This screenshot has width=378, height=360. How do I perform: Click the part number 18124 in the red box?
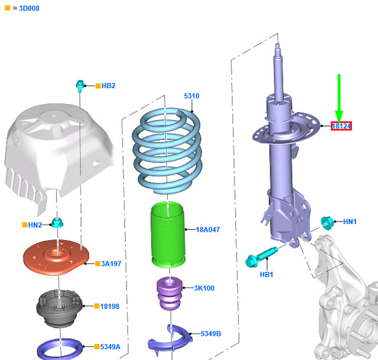[x=341, y=126]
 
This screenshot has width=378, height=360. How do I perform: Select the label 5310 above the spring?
[x=191, y=96]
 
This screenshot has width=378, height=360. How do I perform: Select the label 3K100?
[x=204, y=288]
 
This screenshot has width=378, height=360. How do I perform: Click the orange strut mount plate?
[x=57, y=257]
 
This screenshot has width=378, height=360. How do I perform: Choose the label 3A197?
[x=111, y=264]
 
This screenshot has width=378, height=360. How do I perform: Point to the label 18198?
[x=110, y=306]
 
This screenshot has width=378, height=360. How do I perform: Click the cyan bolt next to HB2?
[x=80, y=86]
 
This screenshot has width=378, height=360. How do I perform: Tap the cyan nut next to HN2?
[x=58, y=222]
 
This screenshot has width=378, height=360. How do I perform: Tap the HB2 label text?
[x=108, y=86]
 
